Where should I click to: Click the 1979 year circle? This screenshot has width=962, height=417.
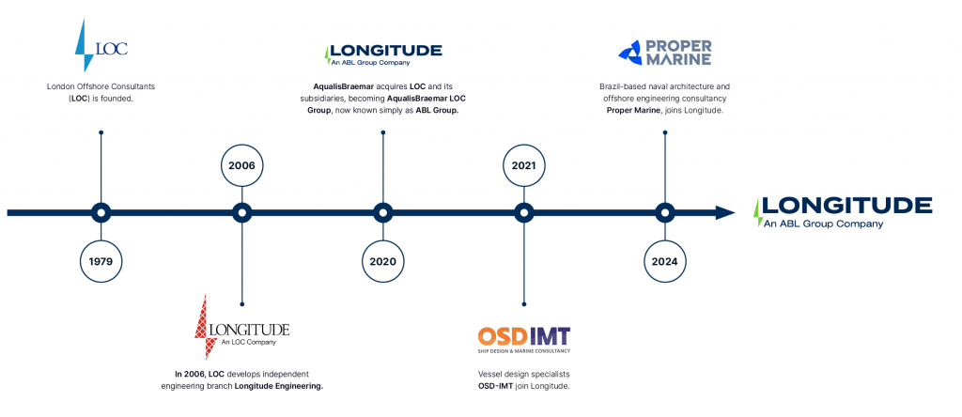[101, 261]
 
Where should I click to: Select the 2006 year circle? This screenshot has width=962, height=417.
[241, 165]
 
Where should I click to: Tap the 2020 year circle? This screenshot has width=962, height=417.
[383, 261]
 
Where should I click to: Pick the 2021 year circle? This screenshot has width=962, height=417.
[524, 165]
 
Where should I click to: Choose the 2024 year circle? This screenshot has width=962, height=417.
[665, 261]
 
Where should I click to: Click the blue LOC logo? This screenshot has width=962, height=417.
[101, 45]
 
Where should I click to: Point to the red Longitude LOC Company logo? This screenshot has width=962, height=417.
[241, 328]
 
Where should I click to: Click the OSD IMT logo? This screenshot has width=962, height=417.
[524, 340]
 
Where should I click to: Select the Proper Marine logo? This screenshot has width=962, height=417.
[665, 53]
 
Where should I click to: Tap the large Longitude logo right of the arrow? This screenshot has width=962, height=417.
[843, 212]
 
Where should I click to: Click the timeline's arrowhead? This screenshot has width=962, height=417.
[725, 213]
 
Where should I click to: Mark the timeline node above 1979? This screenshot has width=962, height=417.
[101, 213]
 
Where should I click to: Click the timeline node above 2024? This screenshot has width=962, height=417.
[665, 213]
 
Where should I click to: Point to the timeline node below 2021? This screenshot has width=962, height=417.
[524, 213]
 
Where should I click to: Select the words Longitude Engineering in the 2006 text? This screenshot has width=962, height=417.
[278, 386]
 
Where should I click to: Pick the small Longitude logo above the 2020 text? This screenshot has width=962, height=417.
[383, 54]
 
